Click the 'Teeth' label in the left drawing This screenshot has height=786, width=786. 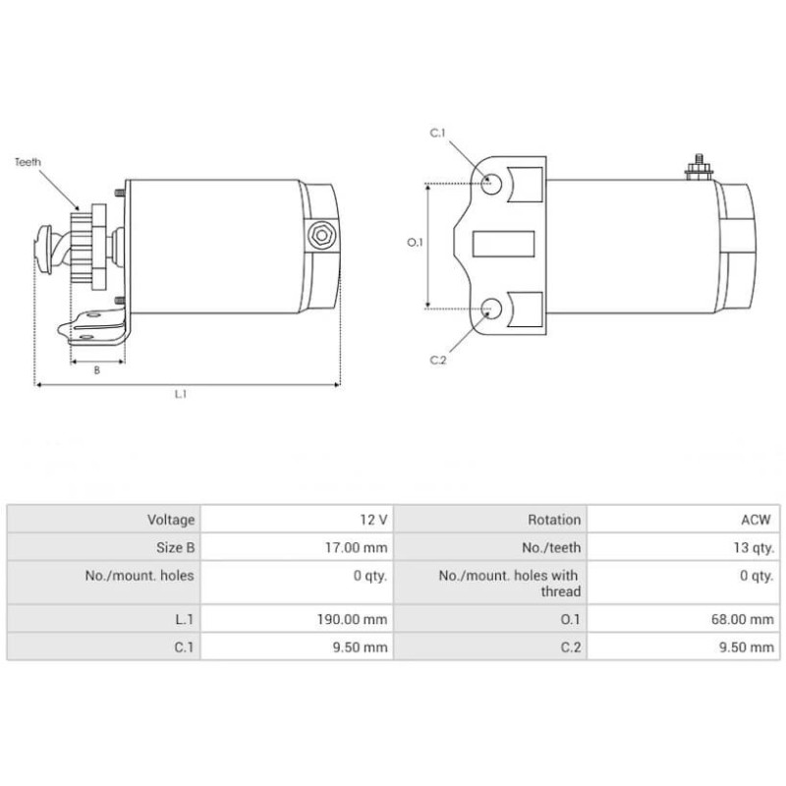pos(28,162)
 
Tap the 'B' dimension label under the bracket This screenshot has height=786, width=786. pos(96,370)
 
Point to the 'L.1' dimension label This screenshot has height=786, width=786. pos(181,395)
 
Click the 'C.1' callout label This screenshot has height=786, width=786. pos(438,133)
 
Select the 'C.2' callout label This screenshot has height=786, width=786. pos(438,361)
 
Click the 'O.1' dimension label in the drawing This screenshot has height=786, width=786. pos(414,243)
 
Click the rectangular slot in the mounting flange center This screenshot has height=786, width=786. pos(503,243)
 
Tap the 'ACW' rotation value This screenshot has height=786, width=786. pos(757,519)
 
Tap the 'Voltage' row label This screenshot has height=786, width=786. pos(171,519)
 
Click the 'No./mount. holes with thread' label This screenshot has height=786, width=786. pos(508,583)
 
